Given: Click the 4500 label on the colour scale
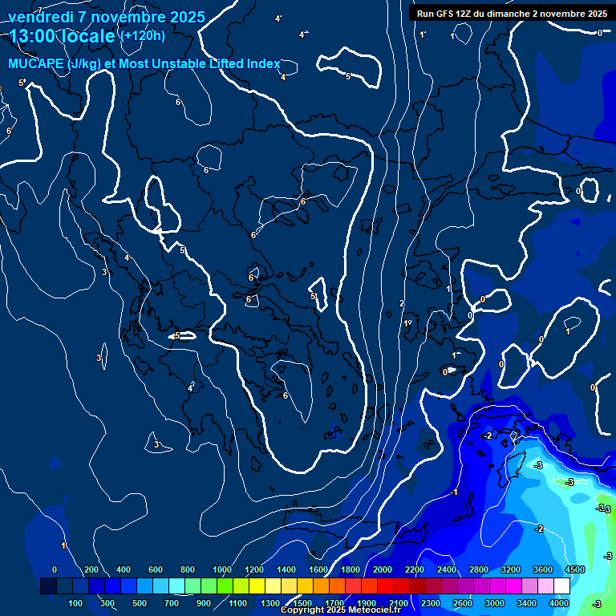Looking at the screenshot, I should click(x=574, y=569).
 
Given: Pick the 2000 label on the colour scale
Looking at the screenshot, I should click(x=382, y=569).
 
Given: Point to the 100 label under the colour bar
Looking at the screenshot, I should click(x=76, y=603).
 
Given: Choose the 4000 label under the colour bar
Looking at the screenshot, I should click(x=559, y=603).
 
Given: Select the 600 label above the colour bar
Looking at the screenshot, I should click(x=156, y=569).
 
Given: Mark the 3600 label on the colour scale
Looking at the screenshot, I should click(x=542, y=569).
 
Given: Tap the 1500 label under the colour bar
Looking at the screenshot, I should click(x=302, y=603).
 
